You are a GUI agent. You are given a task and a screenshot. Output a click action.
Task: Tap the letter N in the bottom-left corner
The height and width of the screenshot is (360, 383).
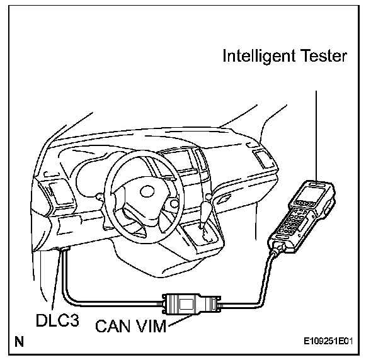[x=20, y=343]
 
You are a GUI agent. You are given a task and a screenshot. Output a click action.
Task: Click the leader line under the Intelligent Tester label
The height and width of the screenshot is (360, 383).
[x=316, y=126]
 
